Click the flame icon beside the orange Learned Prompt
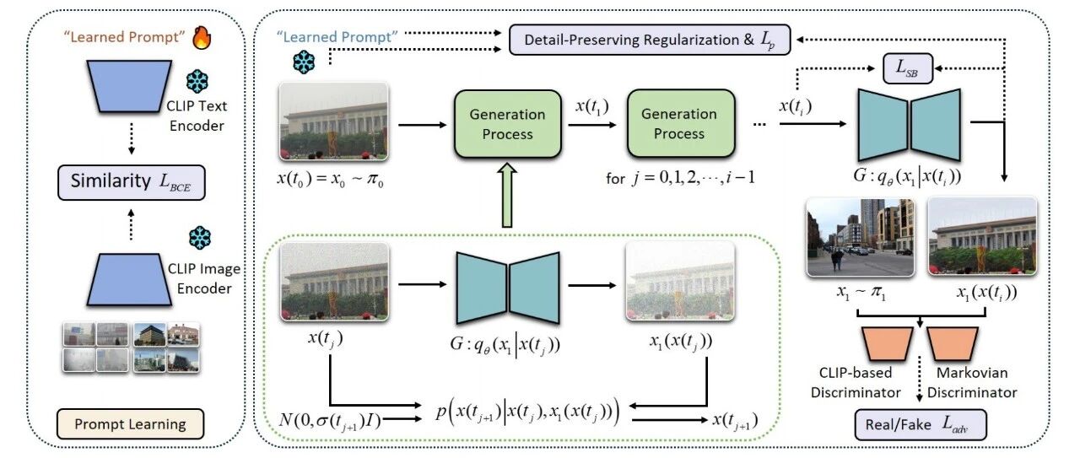coord(202,38)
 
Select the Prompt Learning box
coord(130,423)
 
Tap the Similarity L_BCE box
coord(131,182)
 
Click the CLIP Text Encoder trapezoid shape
coord(129,87)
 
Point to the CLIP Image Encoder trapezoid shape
coord(129,280)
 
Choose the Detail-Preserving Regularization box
coord(650,40)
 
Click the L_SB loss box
coord(907,68)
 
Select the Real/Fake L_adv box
coord(921,424)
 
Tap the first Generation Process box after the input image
coord(508,124)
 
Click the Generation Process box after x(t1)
coord(681,123)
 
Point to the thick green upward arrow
coord(507,195)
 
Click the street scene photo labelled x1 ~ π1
coord(861,237)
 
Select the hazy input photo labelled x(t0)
coord(334,121)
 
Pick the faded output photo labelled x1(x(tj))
coord(680,281)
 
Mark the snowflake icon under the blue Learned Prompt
coord(304,62)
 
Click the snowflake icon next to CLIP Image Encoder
coord(200,238)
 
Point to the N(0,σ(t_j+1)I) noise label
coord(330,420)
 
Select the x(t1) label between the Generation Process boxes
coord(592,106)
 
